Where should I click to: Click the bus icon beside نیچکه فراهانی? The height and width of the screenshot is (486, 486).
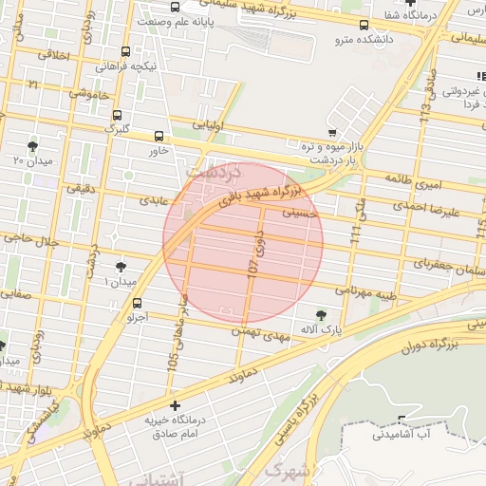click(126, 54)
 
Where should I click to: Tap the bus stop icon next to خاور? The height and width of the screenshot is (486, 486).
click(158, 135)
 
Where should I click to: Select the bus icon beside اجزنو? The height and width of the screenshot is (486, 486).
click(139, 304)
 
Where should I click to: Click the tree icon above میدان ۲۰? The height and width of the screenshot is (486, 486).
click(33, 146)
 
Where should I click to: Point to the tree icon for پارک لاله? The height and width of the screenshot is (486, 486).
click(323, 314)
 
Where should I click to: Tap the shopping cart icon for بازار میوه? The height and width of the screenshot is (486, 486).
click(331, 132)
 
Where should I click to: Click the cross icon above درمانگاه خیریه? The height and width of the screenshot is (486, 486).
click(175, 405)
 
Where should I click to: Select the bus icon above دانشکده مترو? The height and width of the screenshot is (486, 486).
click(365, 27)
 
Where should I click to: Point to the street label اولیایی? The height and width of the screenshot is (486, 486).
click(207, 123)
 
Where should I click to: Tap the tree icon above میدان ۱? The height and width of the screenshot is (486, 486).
click(121, 268)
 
